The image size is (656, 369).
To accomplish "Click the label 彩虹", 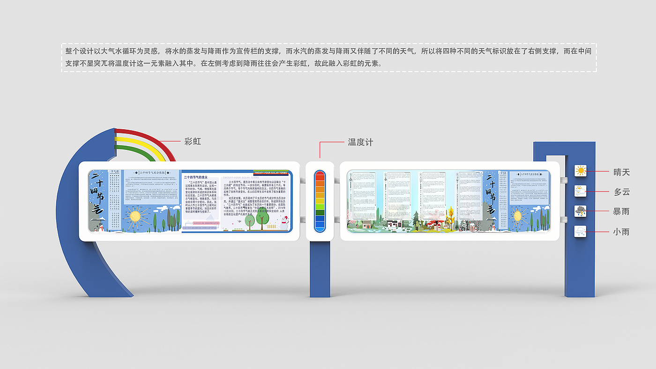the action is [193, 141].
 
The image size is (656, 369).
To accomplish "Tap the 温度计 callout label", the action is [360, 142].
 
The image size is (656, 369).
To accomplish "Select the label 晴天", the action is [622, 172].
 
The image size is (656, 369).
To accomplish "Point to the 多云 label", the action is [622, 192].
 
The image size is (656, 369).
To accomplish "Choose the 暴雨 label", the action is [622, 211].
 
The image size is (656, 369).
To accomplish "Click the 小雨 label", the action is [622, 231].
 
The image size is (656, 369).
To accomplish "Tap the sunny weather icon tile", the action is [581, 171].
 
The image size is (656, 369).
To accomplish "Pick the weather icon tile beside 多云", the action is [581, 191].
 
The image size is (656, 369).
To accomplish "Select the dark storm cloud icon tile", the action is [581, 211].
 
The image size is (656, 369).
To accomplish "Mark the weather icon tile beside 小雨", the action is [581, 231].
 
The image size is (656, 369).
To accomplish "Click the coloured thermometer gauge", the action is [320, 201].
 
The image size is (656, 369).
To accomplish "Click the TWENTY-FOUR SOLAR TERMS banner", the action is [272, 172].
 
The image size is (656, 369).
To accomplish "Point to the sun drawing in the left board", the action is [135, 216].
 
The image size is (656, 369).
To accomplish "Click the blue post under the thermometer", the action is [320, 269].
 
